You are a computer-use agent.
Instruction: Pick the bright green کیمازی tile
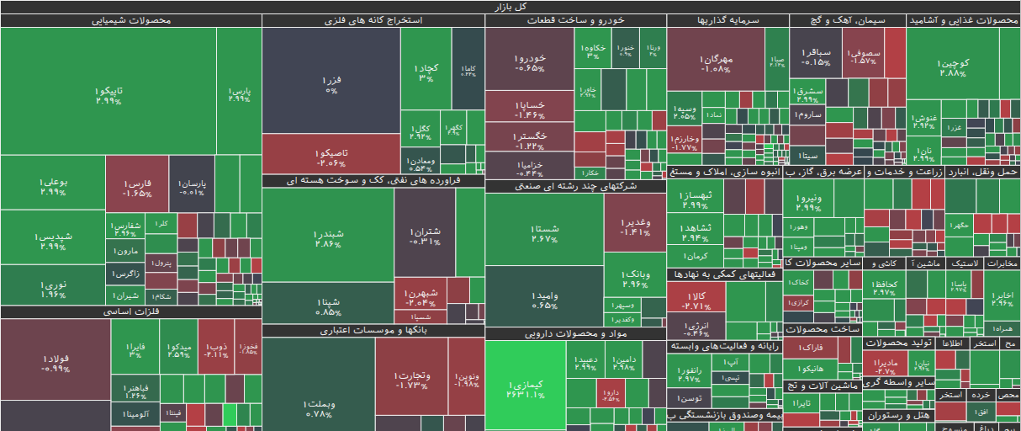[526, 388]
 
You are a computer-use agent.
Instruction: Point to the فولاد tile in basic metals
[55, 362]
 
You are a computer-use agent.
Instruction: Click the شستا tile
[544, 232]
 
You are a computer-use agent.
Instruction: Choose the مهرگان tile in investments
[716, 63]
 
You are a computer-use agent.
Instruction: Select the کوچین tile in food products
[954, 67]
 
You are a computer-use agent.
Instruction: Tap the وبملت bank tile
[318, 408]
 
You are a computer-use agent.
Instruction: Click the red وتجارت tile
[411, 379]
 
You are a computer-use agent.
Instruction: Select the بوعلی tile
[52, 185]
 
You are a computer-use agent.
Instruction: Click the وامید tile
[544, 299]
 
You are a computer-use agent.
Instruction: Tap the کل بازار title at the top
[511, 6]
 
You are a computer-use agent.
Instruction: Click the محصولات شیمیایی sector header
[130, 20]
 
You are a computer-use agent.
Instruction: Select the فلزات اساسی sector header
[130, 311]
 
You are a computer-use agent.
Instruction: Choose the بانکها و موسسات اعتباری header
[373, 331]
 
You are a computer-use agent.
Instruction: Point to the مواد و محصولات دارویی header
[575, 333]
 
